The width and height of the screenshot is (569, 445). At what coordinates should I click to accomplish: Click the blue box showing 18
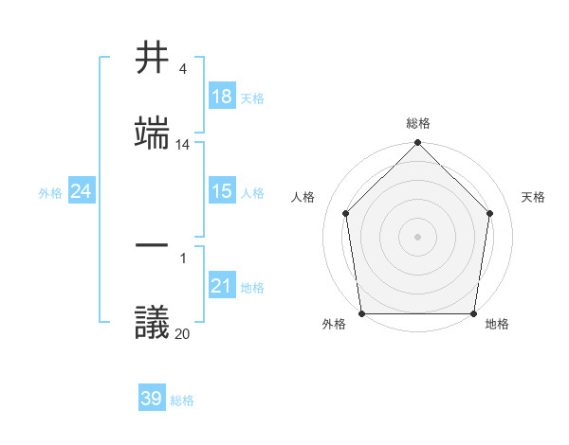coord(222,97)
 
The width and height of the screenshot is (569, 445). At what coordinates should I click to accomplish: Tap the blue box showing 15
coord(222,191)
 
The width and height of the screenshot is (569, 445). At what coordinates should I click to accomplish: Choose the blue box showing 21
coord(222,286)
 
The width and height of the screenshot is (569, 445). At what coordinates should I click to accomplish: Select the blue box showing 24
coord(82,191)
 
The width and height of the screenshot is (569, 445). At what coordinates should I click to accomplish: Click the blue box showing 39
coord(152,399)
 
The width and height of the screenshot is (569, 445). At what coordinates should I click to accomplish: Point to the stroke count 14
coord(183,145)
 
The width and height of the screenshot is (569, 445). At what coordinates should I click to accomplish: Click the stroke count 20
coord(183,333)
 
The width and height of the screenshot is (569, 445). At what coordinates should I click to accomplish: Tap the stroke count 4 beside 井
coord(183,69)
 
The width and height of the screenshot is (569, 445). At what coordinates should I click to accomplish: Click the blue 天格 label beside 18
coord(252,98)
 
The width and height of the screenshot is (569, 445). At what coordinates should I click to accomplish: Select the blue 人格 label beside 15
coord(252,192)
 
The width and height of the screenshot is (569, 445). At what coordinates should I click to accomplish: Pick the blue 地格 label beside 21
coord(252,287)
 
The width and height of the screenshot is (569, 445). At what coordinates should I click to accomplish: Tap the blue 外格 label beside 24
coord(50,192)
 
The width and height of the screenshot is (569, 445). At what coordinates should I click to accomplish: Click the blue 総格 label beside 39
coord(182,400)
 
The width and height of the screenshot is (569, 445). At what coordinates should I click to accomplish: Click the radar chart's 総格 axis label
coord(418,123)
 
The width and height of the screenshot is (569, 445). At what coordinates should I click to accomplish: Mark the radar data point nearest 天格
coord(490,213)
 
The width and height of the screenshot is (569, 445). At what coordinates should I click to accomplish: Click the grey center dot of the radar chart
coord(417,236)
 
